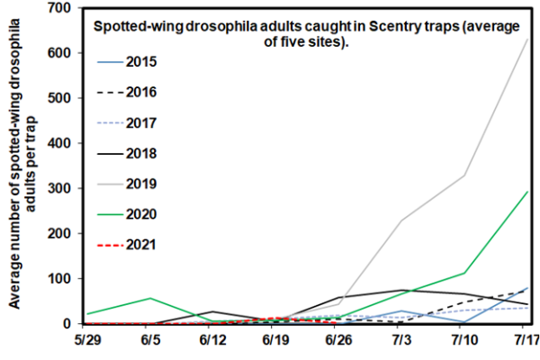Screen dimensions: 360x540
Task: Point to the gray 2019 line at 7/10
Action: [x=463, y=175]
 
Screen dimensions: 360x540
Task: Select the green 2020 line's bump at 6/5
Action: [x=150, y=298]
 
